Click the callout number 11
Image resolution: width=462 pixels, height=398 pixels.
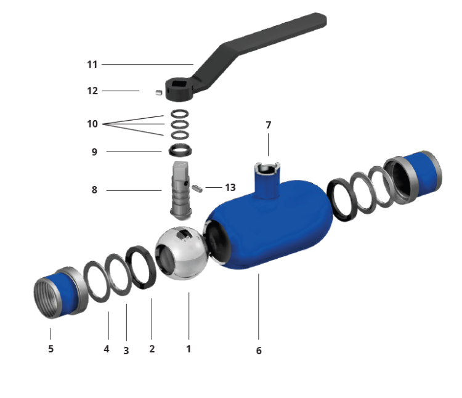coord(92,65)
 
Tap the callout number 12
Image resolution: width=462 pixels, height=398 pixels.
coord(92,91)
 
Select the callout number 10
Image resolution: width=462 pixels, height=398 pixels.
coord(92,124)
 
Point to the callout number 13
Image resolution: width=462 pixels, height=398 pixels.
coord(230,187)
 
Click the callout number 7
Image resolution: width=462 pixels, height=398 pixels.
coord(268,125)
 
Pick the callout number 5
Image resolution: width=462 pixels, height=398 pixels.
coord(51,349)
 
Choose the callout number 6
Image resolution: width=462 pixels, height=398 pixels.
coord(259,351)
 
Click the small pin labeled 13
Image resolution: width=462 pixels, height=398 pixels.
coord(197,188)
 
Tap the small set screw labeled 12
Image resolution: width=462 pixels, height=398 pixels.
coord(159,92)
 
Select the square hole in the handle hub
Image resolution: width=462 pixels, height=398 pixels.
coord(179,85)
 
